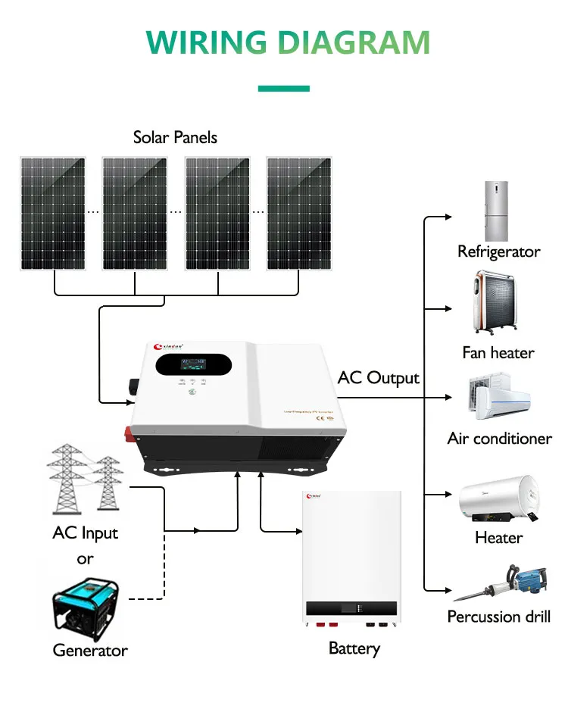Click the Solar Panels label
[x=175, y=137]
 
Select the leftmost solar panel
[x=53, y=213]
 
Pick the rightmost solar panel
[x=298, y=213]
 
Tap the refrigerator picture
[x=498, y=211]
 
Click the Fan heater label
[x=498, y=352]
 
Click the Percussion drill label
[x=498, y=616]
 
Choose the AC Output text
[x=378, y=377]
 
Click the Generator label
[x=90, y=650]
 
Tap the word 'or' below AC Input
[x=85, y=559]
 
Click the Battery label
[x=354, y=648]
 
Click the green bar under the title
[x=283, y=89]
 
